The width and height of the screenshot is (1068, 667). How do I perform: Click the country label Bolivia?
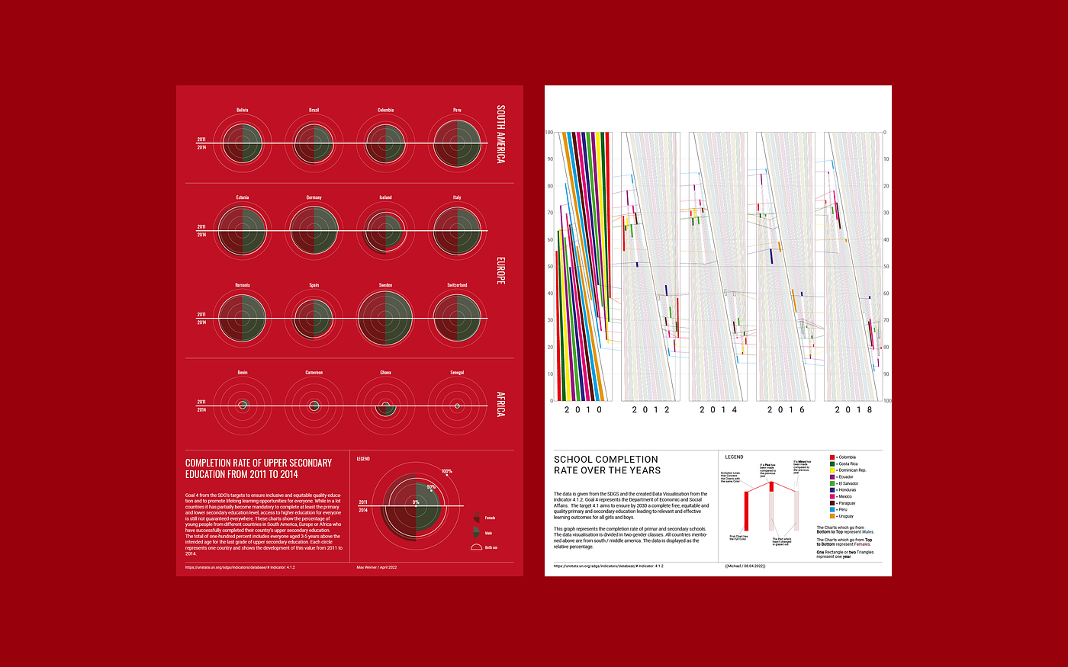tap(242, 110)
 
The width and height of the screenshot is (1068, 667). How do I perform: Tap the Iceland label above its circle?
tap(385, 197)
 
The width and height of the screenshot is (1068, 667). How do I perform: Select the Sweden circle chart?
tap(385, 317)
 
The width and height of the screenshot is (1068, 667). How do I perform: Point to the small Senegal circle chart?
tap(457, 406)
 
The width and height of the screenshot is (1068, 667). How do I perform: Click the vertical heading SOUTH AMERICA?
tap(500, 134)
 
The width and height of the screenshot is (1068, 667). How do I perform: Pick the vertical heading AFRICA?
tap(500, 404)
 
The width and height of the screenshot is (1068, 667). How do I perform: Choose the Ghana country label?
tap(385, 373)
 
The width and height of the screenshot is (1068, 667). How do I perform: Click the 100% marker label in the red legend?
tap(446, 471)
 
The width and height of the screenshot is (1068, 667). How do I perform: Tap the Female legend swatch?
tap(476, 518)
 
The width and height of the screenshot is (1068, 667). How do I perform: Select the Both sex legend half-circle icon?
tap(476, 547)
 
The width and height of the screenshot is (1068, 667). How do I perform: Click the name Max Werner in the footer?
tap(367, 567)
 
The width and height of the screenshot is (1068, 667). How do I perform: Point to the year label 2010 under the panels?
tap(584, 410)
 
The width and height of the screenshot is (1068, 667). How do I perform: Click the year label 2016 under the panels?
tap(786, 410)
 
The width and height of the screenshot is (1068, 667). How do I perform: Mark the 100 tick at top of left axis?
tap(548, 133)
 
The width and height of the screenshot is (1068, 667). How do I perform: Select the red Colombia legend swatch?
tap(832, 457)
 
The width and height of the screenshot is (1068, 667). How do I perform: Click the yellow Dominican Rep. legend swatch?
tap(832, 470)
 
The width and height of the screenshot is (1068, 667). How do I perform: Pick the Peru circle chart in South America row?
tap(457, 143)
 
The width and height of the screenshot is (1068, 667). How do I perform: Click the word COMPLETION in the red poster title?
tap(214, 463)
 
